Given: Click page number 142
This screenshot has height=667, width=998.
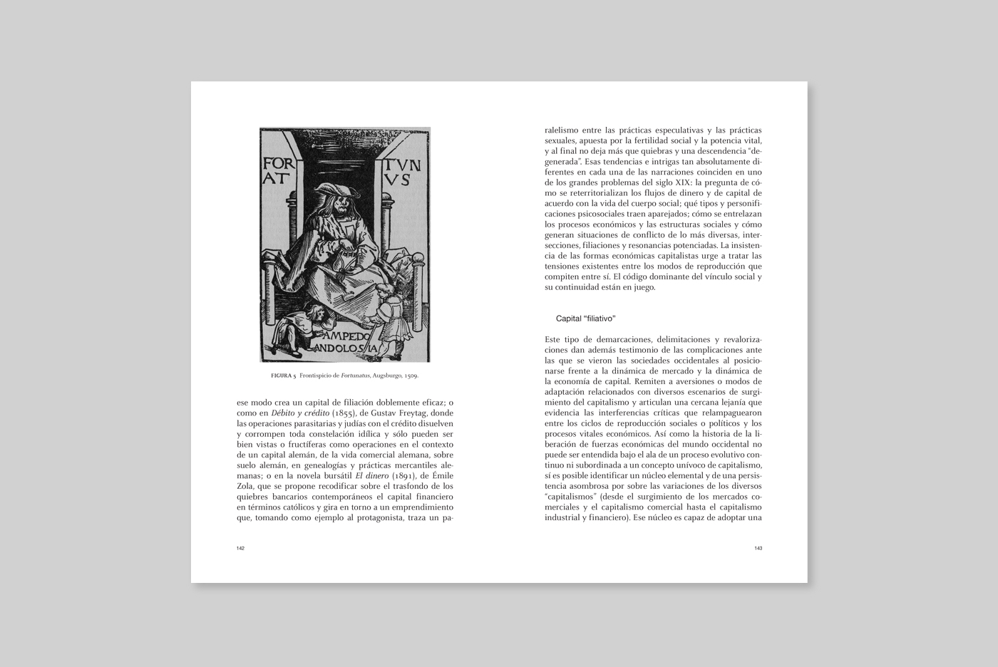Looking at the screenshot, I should (241, 548).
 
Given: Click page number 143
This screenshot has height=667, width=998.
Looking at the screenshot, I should (758, 548).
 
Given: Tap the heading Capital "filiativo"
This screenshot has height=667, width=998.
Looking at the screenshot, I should (585, 319).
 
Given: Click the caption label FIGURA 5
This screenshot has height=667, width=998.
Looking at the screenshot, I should (284, 376).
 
